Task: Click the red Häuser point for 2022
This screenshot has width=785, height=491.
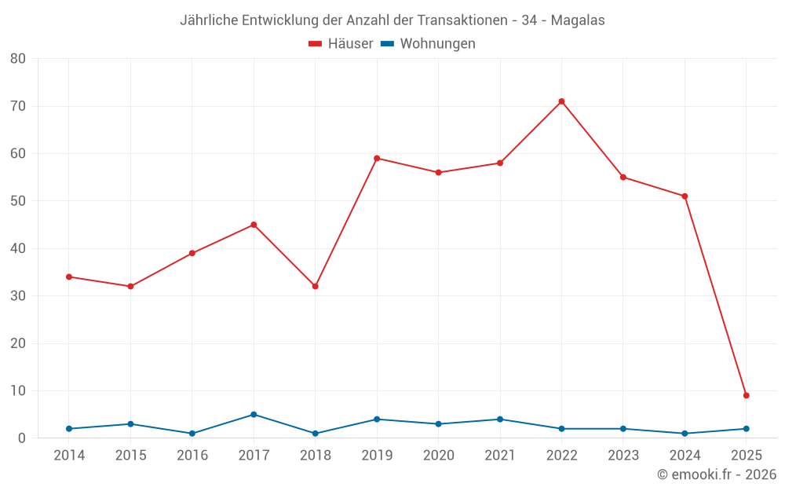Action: coord(561,101)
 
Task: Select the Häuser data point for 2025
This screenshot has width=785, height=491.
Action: coord(746,395)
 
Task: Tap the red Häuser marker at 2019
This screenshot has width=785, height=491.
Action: coord(377,158)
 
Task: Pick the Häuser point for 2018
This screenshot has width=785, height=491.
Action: coord(315,286)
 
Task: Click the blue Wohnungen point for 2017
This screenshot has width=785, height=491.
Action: coord(254,414)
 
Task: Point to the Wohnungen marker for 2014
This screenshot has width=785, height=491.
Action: coord(69,428)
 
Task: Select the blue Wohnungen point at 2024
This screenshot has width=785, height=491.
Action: coord(685,433)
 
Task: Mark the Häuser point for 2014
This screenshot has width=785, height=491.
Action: coord(69,277)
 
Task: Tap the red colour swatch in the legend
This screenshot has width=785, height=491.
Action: coord(316,44)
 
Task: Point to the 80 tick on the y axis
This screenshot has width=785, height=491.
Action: coord(18,59)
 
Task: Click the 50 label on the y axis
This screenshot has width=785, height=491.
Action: coord(18,201)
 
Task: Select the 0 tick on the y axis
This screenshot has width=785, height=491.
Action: coord(22,438)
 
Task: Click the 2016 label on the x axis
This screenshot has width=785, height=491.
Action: coord(192,456)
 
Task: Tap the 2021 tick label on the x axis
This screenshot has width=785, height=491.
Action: coord(500,456)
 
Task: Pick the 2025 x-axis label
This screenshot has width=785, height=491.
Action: coord(746,456)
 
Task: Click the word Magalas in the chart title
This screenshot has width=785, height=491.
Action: coord(578,20)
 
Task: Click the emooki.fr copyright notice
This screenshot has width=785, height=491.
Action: coord(716,475)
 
